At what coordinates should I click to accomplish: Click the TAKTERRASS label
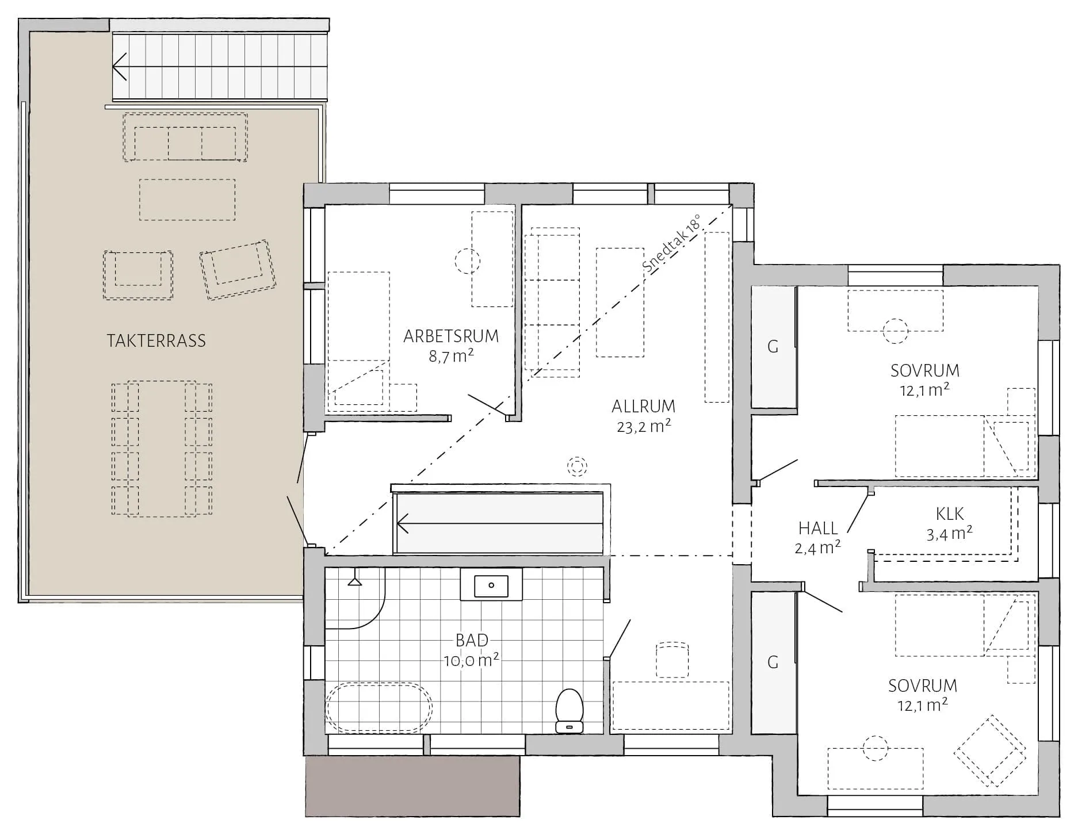156,340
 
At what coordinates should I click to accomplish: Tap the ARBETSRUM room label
451,336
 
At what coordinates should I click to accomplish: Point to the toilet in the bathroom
569,711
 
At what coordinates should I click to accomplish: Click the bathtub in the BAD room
379,708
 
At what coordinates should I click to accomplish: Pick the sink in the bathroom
491,585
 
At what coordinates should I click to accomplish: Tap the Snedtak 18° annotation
672,244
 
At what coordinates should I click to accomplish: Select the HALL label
818,527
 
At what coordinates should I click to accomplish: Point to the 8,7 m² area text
451,356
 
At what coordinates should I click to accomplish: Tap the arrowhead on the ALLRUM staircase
403,524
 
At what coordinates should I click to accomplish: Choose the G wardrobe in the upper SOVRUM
773,347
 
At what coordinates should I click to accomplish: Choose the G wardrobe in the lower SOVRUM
773,662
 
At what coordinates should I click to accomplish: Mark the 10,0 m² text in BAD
471,660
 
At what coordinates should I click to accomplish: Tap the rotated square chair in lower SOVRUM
990,750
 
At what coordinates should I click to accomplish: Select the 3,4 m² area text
949,534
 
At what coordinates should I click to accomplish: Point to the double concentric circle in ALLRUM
576,466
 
